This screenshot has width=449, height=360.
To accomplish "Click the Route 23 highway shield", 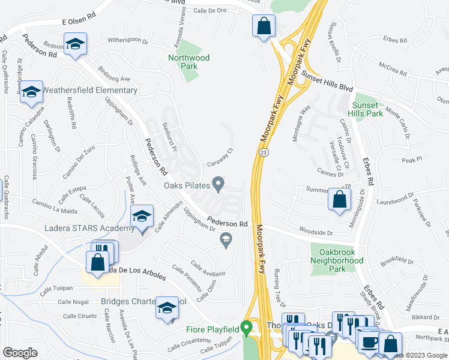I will (264, 153).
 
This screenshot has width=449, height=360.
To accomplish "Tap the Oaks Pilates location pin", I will (219, 184).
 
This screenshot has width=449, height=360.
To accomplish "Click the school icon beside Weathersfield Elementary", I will (31, 92).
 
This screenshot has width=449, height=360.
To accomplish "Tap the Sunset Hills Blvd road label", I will (327, 79).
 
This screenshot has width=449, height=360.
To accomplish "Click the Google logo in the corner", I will (20, 352).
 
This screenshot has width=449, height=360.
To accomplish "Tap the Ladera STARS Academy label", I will (89, 229).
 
